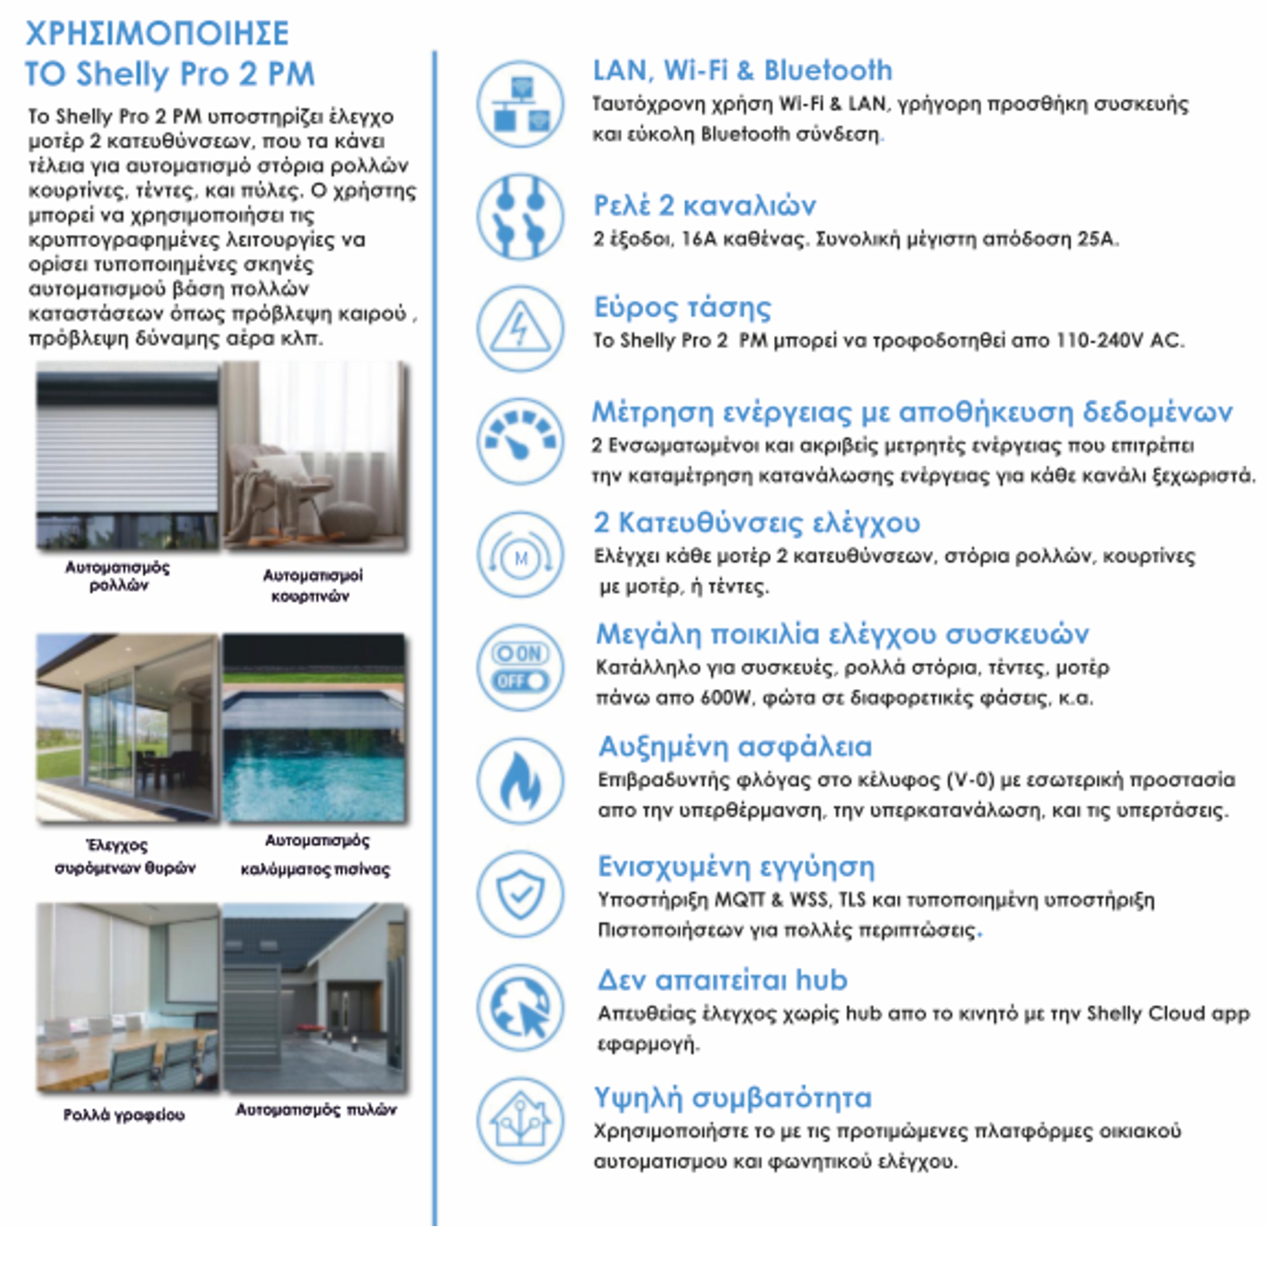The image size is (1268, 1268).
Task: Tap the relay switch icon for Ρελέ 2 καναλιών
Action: point(520,216)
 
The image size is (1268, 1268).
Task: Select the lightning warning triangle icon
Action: point(520,328)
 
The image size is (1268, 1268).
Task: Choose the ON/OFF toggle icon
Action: point(520,668)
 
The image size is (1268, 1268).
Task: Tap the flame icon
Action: point(520,781)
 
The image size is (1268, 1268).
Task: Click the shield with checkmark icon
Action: point(520,894)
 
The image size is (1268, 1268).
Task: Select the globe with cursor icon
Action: point(520,1007)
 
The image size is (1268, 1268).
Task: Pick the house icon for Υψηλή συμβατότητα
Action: point(520,1121)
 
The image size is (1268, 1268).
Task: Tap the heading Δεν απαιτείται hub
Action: point(722,980)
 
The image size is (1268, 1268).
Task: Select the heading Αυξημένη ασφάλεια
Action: point(735,747)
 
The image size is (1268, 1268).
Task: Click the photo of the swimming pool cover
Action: point(314,728)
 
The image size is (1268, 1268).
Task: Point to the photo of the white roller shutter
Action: point(127,456)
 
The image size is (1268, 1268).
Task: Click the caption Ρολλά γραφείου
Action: point(124,1115)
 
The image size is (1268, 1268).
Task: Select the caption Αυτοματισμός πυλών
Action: point(316,1110)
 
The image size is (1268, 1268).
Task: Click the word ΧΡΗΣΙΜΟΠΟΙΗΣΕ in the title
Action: point(158,34)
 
